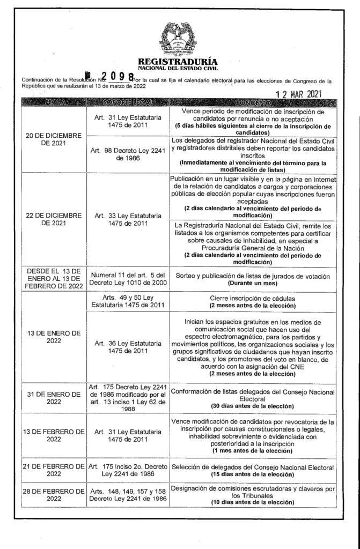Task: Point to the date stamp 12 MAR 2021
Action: coord(302,94)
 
